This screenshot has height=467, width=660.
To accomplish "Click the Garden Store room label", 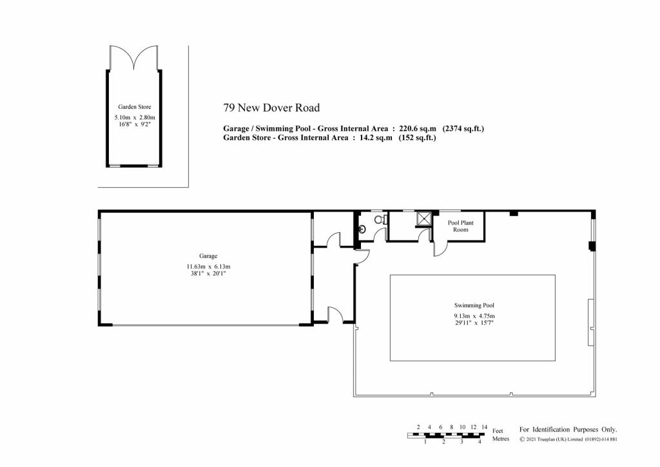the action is tap(134, 107).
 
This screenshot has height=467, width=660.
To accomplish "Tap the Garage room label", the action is tap(208, 256).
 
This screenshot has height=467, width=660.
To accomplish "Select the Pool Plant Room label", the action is tap(460, 226).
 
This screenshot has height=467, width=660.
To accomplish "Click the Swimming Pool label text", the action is tap(474, 305).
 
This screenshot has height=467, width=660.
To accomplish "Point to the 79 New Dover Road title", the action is tap(271, 108).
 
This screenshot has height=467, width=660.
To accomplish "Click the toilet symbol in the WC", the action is tap(380, 219).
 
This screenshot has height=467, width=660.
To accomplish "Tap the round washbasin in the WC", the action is tap(362, 230).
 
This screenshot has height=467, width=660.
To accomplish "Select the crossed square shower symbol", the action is tap(423, 219).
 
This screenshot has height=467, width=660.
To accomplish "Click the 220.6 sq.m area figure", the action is tap(418, 128).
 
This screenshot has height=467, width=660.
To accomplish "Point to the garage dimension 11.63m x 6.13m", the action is tap(208, 266).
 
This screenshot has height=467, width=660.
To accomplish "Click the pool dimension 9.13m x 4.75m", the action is tap(474, 316).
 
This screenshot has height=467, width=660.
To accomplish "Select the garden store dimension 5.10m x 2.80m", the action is tap(135, 117).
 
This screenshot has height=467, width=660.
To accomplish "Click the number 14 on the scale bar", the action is tap(485, 427).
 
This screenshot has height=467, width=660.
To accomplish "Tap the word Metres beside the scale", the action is tap(501, 439).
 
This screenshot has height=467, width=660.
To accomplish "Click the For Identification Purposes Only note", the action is tap(568, 430).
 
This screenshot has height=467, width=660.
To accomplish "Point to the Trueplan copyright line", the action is tap(568, 439).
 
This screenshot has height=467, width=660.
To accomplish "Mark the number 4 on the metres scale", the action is tap(480, 442).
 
